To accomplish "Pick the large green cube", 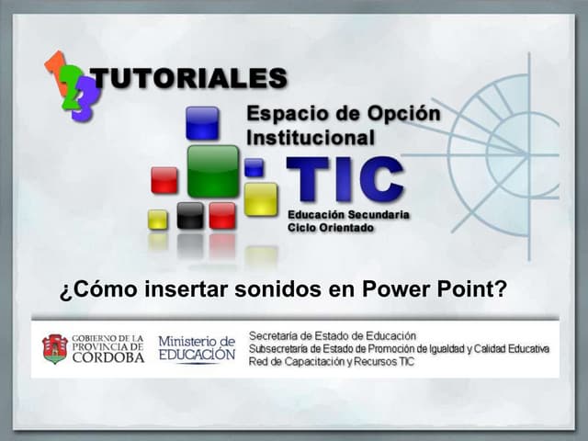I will click(x=212, y=172).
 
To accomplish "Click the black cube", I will click(x=190, y=215).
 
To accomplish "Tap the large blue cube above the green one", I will click(x=202, y=122).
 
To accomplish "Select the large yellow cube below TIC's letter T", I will click(x=260, y=198).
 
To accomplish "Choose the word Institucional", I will click(x=311, y=139).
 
